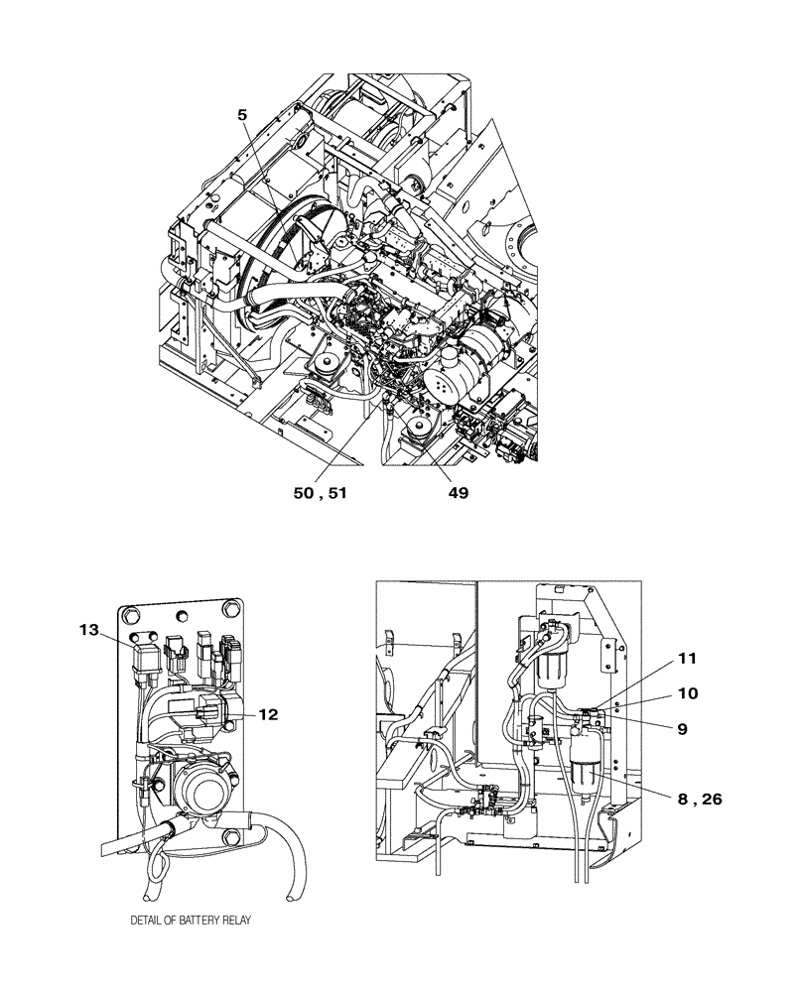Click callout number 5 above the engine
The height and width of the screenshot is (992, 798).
tap(242, 114)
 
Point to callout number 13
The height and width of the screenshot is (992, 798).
tap(88, 628)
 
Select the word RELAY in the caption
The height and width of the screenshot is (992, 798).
tap(236, 921)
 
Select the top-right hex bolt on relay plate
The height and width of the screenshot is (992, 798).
tap(231, 609)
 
